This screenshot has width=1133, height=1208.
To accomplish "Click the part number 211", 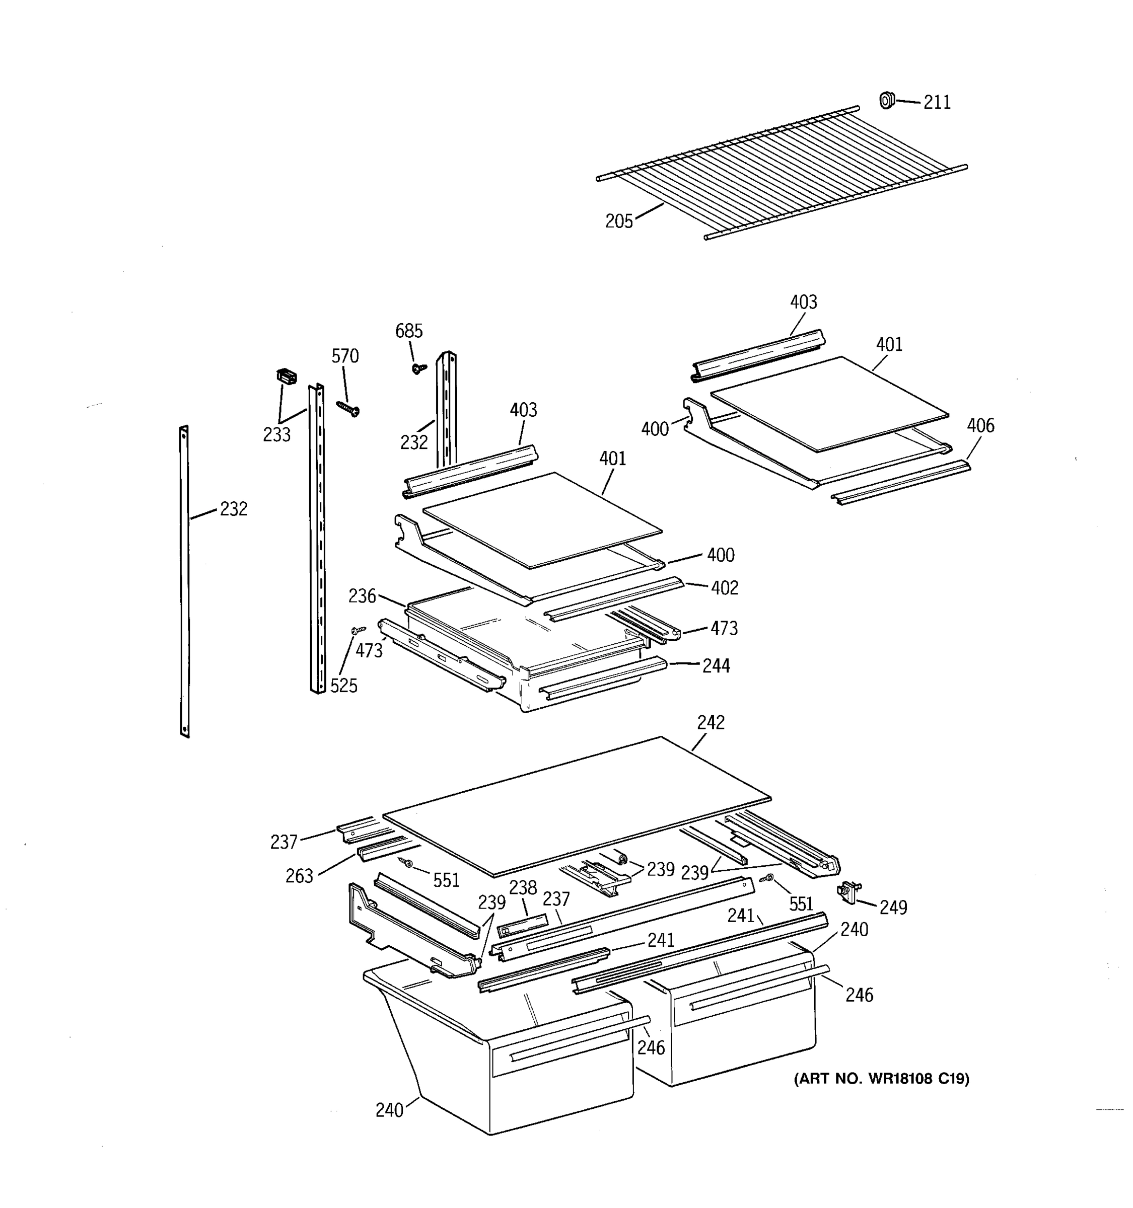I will (937, 103).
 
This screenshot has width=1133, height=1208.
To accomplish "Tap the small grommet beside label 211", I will (887, 100).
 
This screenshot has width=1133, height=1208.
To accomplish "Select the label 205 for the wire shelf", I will (619, 221).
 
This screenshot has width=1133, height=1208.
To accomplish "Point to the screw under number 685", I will (418, 368).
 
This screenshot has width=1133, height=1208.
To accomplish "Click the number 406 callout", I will (980, 425).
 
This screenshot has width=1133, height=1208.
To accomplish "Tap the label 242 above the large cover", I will (711, 722).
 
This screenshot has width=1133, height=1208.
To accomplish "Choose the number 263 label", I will (299, 876).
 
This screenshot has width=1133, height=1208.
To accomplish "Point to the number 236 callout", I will (362, 596).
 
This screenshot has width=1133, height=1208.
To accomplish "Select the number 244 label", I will (716, 666).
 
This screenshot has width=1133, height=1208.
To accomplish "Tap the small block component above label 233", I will (287, 376).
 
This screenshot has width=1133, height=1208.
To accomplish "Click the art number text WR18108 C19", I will (881, 1079).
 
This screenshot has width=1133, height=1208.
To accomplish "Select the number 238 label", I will (523, 888).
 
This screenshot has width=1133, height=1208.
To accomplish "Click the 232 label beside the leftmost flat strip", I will (234, 508).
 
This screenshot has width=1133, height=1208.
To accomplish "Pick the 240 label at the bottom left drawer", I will (389, 1110).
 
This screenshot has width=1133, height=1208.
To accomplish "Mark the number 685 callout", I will (408, 331).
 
